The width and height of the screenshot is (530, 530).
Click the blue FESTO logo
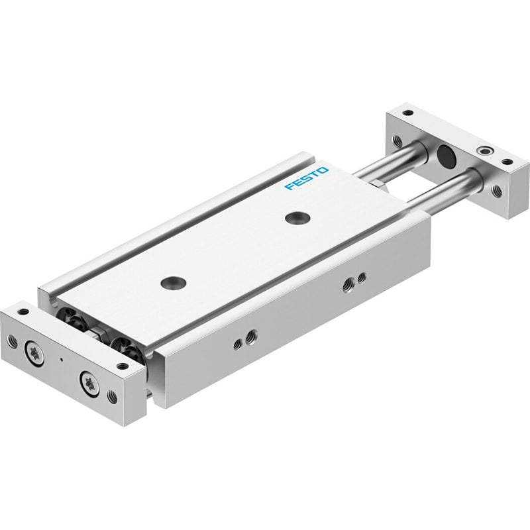pyautogui.click(x=306, y=178)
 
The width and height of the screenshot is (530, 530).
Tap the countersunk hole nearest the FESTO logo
pyautogui.click(x=297, y=217)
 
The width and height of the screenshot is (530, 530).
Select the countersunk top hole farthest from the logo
pyautogui.click(x=174, y=283)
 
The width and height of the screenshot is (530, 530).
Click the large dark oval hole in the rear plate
pyautogui.click(x=446, y=155)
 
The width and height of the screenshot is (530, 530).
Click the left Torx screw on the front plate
pyautogui.click(x=34, y=354)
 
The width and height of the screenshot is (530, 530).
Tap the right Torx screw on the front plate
pyautogui.click(x=90, y=384)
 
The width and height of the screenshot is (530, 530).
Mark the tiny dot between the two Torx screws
pyautogui.click(x=61, y=359)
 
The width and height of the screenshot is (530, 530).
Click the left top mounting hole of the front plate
pyautogui.click(x=23, y=311)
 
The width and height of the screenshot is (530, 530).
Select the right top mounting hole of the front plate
pyautogui.click(x=123, y=366)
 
